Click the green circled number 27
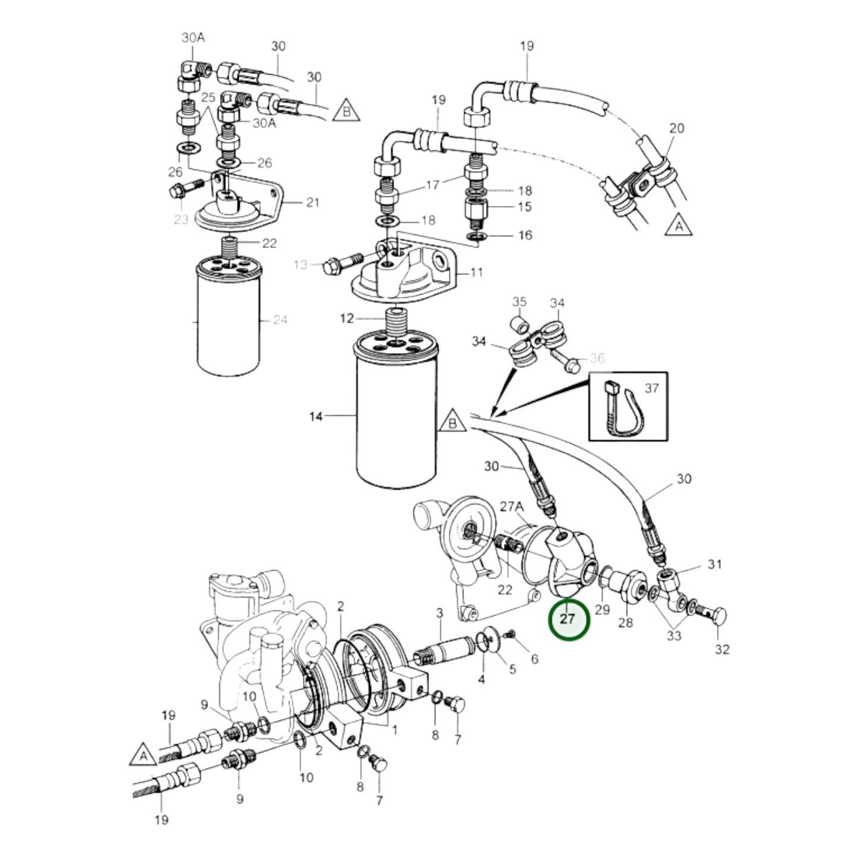pyautogui.click(x=568, y=619)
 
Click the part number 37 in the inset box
pyautogui.click(x=651, y=388)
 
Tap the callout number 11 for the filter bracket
pyautogui.click(x=476, y=273)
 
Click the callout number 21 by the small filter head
pyautogui.click(x=312, y=202)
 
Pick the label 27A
pyautogui.click(x=511, y=506)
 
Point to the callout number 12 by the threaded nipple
pyautogui.click(x=347, y=319)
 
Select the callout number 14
pyautogui.click(x=316, y=417)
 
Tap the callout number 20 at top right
pyautogui.click(x=676, y=128)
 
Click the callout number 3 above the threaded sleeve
pyautogui.click(x=439, y=612)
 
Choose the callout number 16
pyautogui.click(x=525, y=236)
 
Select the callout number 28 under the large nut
pyautogui.click(x=626, y=623)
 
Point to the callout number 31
pyautogui.click(x=714, y=563)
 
